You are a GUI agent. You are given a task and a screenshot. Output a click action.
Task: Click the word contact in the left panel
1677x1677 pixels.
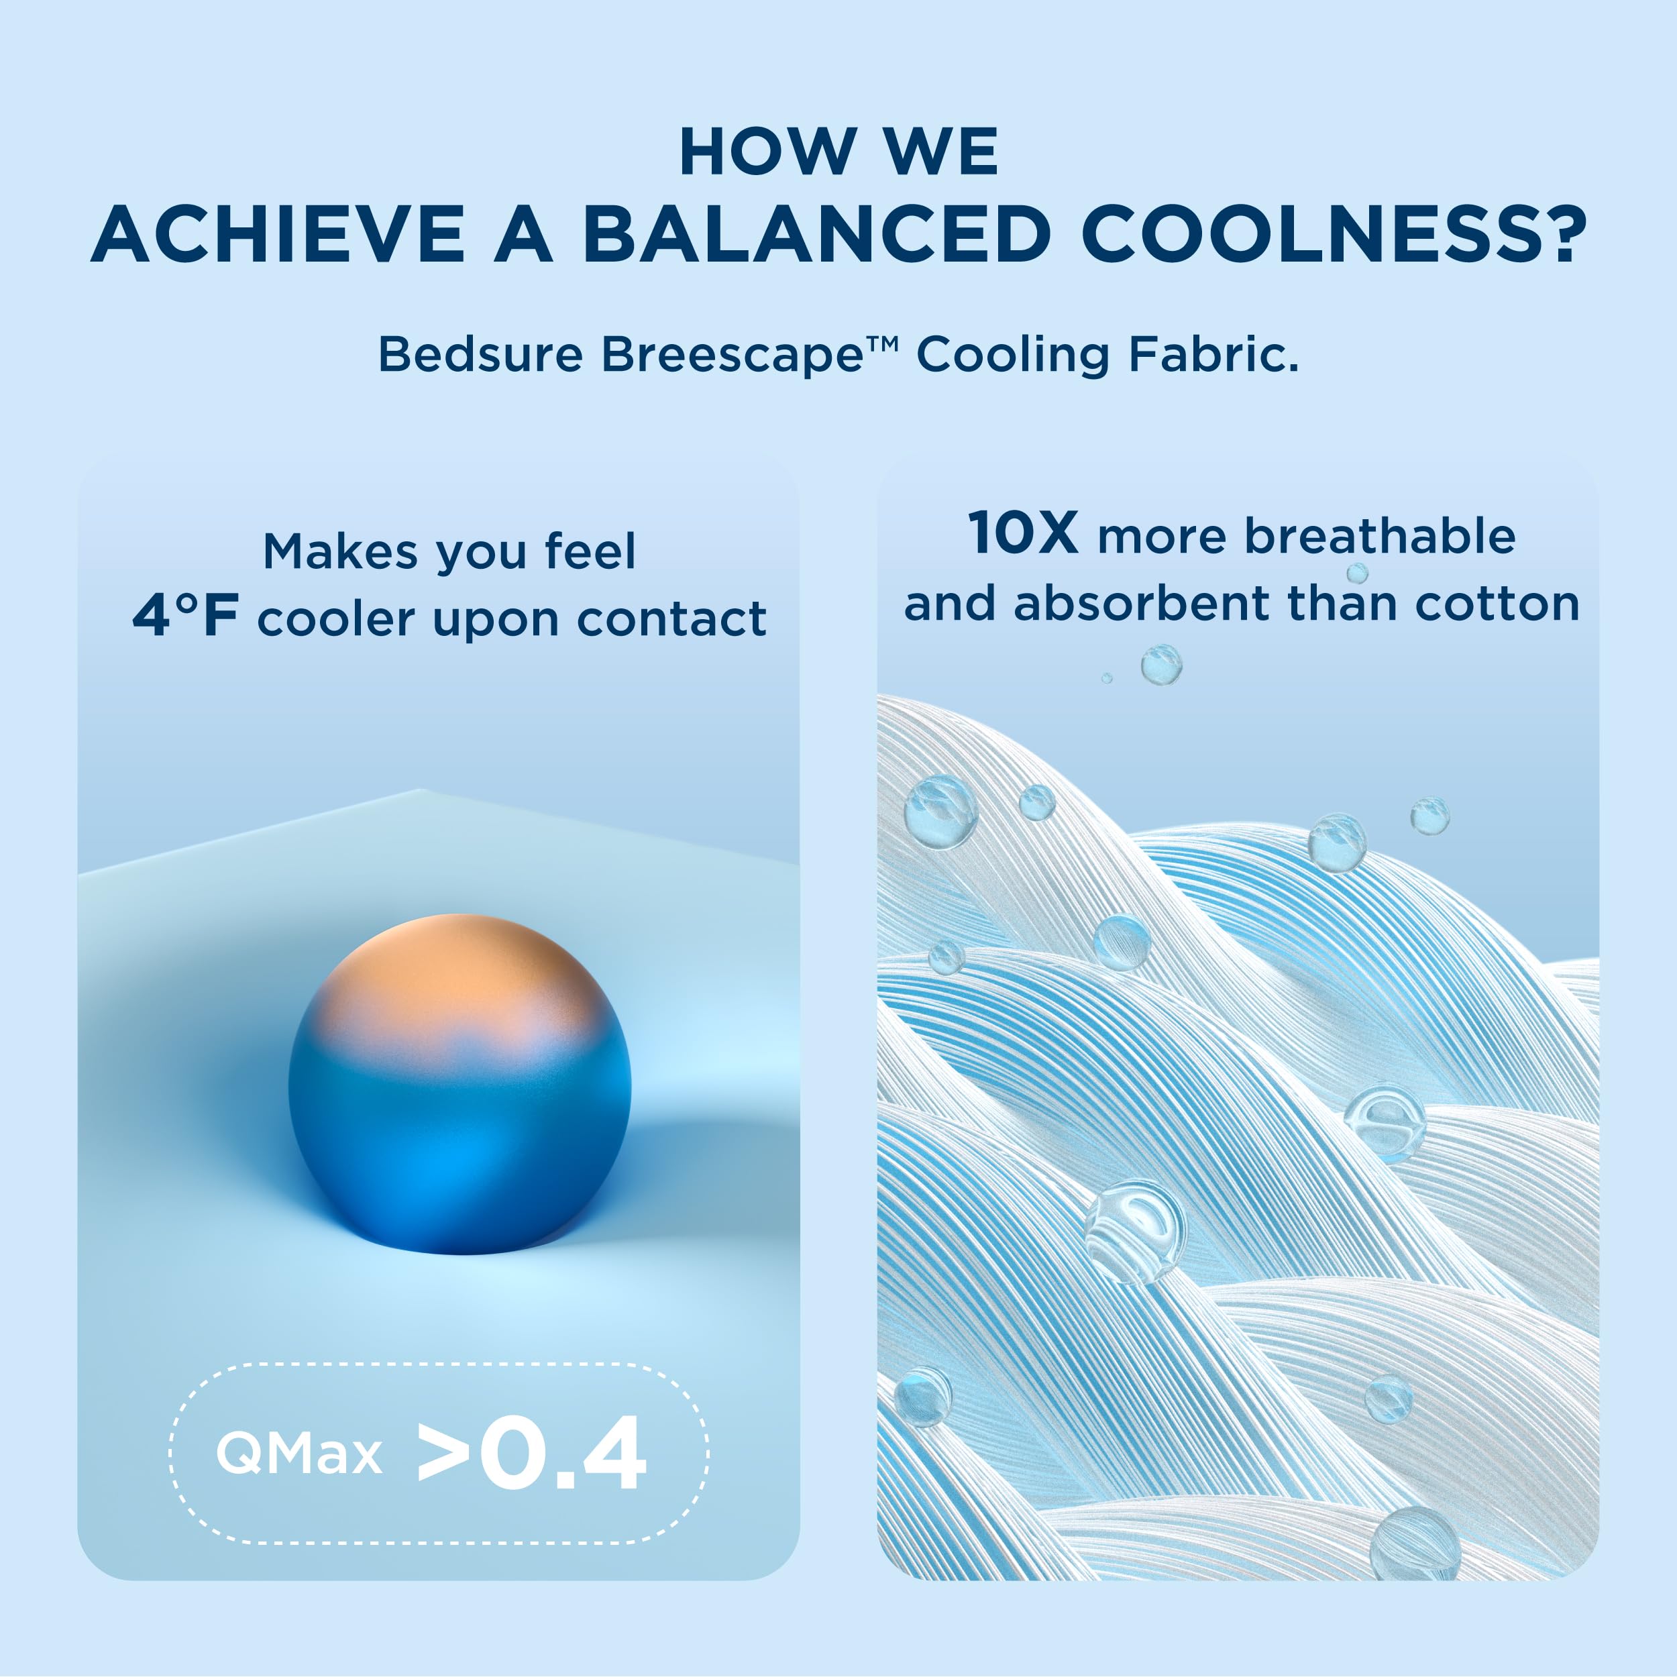click(x=672, y=619)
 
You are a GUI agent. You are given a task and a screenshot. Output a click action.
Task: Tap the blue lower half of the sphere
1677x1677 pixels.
click(x=460, y=1154)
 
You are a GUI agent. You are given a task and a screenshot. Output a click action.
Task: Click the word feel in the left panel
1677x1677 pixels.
click(x=590, y=551)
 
